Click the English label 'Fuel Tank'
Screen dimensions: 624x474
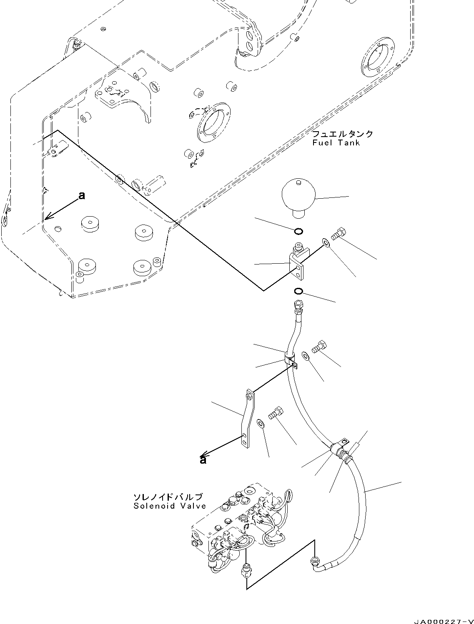coord(336,143)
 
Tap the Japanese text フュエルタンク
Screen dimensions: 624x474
coord(343,134)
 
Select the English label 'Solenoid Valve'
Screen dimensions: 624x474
coord(170,506)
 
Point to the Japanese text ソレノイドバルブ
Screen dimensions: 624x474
coord(168,497)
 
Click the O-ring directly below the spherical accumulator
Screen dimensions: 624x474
coord(298,231)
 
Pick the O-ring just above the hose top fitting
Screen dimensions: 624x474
coord(298,291)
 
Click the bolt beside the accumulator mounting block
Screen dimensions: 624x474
coord(338,234)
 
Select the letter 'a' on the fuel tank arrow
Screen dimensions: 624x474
coord(82,195)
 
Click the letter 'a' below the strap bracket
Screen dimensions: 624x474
coord(203,460)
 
